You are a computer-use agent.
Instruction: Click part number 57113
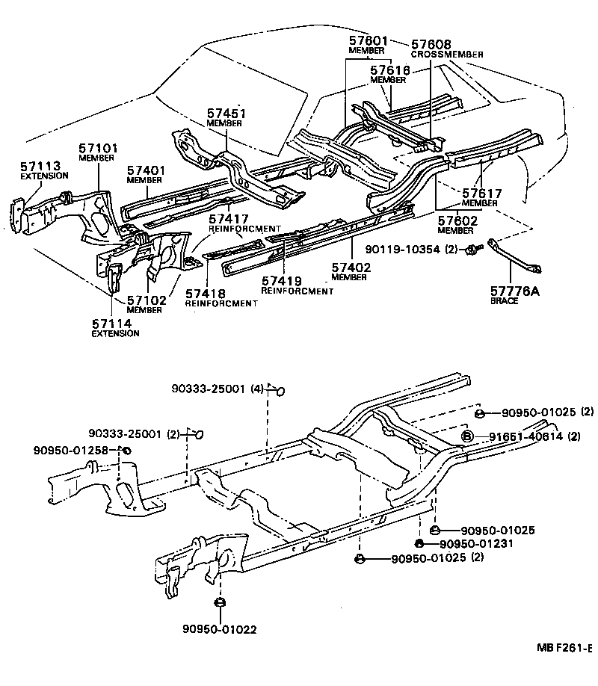36,166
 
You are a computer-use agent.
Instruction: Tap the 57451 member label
226,114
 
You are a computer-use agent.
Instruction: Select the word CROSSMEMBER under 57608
446,55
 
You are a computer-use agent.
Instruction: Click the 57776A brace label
514,291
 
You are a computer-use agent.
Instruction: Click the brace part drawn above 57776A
515,257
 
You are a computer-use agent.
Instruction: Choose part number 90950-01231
472,544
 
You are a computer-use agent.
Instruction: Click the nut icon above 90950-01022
220,603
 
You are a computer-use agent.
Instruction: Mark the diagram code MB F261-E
563,648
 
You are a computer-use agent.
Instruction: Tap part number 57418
205,294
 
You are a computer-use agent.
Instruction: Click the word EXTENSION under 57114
115,333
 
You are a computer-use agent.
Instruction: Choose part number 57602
456,221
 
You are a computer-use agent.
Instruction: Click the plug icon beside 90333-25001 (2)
199,434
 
